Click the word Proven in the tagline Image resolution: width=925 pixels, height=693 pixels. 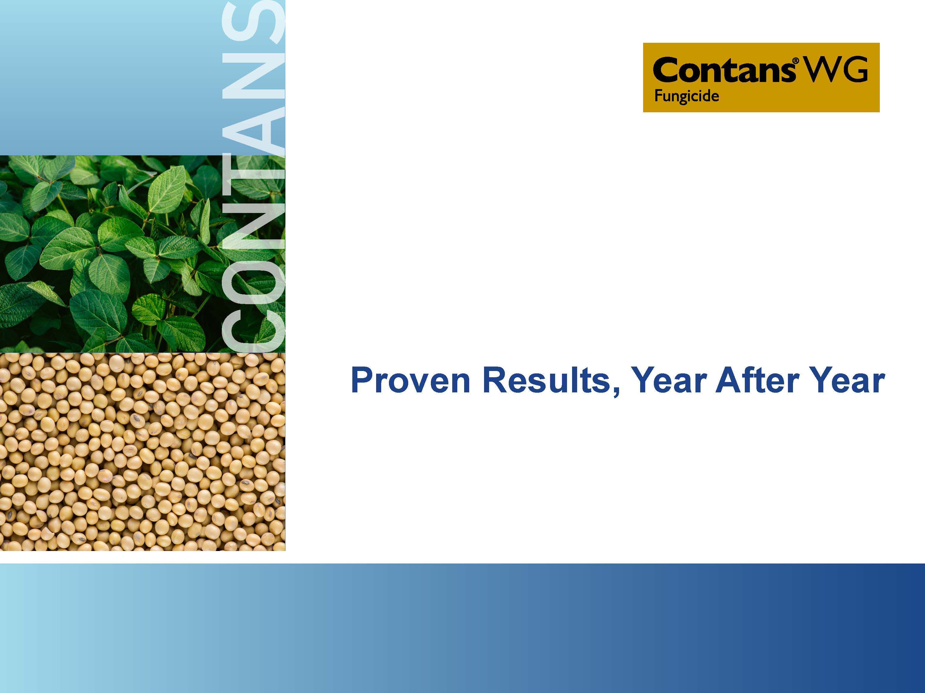tap(411, 381)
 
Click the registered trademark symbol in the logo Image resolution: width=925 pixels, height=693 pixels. tap(795, 61)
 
